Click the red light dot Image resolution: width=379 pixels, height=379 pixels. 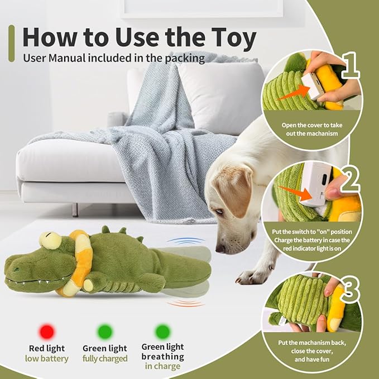tap(47, 332)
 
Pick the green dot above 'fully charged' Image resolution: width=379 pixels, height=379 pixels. tap(105, 332)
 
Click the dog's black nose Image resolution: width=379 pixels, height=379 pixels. tap(219, 248)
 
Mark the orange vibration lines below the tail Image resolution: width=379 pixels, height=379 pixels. tap(184, 303)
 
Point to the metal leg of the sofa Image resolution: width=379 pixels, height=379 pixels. tap(74, 209)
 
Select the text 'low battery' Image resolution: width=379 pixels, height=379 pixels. tap(47, 358)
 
